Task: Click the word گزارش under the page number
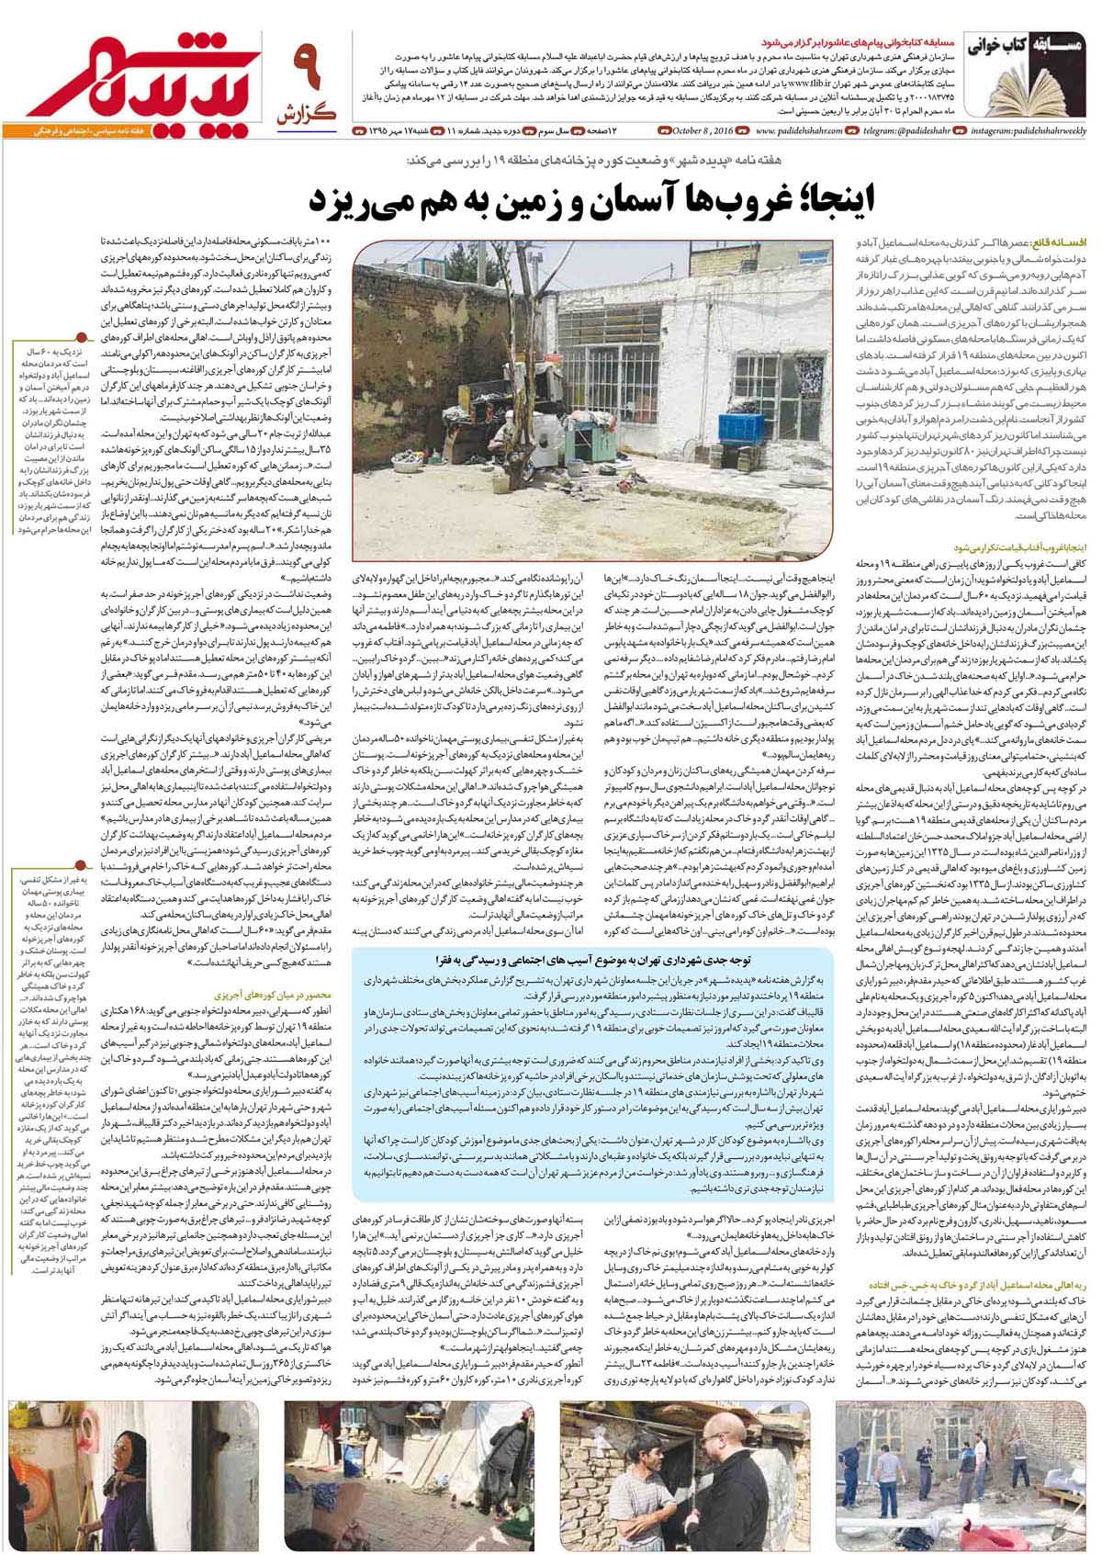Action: click(x=305, y=113)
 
